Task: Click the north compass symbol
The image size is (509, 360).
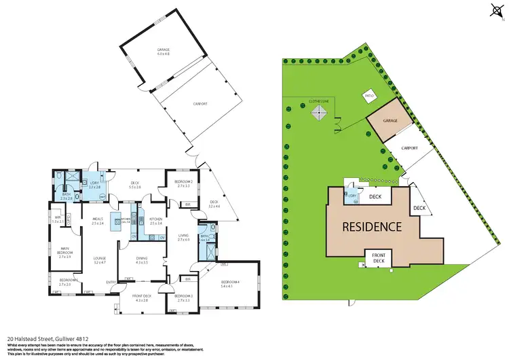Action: point(494,10)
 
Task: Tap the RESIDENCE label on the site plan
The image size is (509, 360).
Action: point(371,226)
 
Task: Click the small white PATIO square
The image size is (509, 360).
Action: point(369,96)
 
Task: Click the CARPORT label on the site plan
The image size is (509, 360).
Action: point(409,147)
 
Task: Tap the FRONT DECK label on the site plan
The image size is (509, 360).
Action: point(378,259)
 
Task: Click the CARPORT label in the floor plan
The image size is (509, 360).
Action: point(199,104)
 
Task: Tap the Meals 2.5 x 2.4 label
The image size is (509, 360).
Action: point(96,221)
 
